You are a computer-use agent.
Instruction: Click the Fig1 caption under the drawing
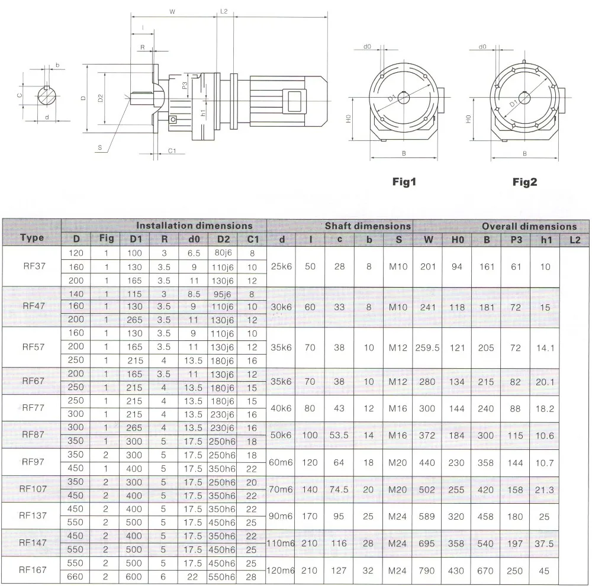pyautogui.click(x=405, y=182)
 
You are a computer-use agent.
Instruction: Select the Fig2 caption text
pyautogui.click(x=525, y=182)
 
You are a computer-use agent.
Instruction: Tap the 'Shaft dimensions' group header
pyautogui.click(x=367, y=226)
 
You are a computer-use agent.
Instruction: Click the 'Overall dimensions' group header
pyautogui.click(x=529, y=226)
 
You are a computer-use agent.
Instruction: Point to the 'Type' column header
pyautogui.click(x=32, y=238)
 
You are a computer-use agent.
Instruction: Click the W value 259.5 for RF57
pyautogui.click(x=427, y=348)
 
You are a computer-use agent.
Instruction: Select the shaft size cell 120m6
pyautogui.click(x=281, y=571)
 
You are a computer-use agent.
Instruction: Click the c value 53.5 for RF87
pyautogui.click(x=339, y=435)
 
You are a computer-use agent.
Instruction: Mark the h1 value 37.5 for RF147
pyautogui.click(x=545, y=543)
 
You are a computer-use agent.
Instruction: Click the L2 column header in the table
pyautogui.click(x=574, y=239)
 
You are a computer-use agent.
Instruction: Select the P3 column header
pyautogui.click(x=516, y=239)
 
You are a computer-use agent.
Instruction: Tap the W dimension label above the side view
pyautogui.click(x=172, y=11)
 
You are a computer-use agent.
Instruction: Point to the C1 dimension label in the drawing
pyautogui.click(x=172, y=151)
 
